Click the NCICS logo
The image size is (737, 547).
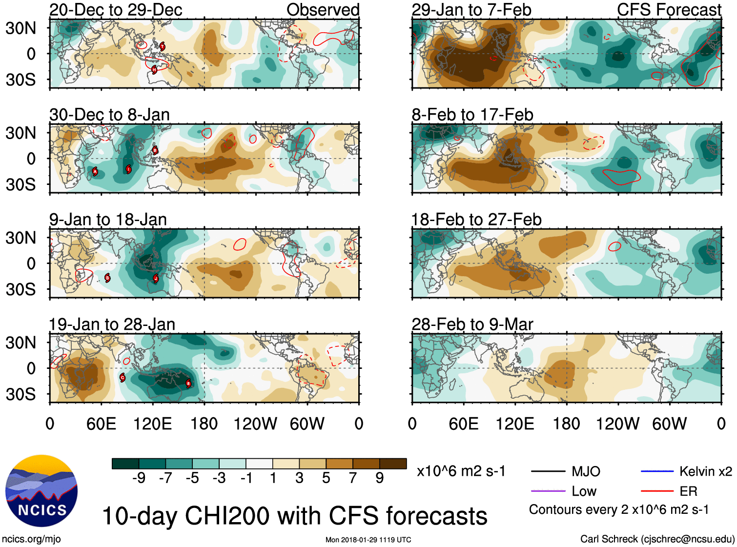[x=41, y=490]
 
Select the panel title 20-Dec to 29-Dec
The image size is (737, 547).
[x=116, y=10]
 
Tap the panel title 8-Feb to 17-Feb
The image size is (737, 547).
[x=472, y=115]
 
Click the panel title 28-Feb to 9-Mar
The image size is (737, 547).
[x=472, y=324]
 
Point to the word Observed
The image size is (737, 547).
[x=323, y=10]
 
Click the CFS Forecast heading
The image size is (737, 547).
[x=669, y=10]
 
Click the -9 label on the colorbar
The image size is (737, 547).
[x=139, y=478]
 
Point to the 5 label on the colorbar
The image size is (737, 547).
[x=326, y=478]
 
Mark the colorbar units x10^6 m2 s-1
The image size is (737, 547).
[x=461, y=471]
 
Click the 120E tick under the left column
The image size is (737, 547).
[x=153, y=424]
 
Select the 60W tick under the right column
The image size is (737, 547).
[x=669, y=424]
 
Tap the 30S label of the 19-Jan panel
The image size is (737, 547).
[x=20, y=394]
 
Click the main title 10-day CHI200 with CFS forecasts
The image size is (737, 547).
[x=294, y=516]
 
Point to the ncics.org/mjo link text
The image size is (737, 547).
[x=31, y=539]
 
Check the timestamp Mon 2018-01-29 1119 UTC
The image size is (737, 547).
[x=368, y=540]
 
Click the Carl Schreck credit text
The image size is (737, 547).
[x=657, y=539]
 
